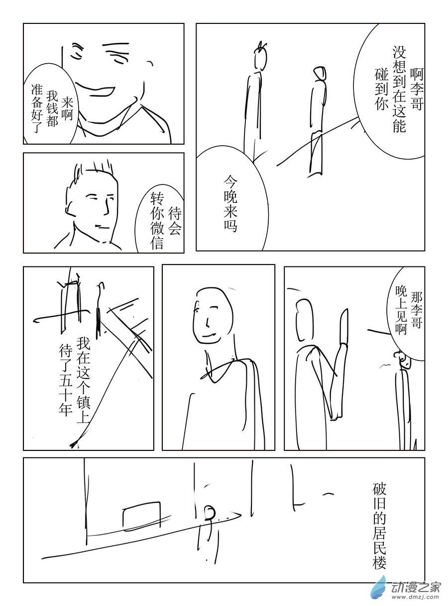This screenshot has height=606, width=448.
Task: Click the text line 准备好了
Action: coord(37,108)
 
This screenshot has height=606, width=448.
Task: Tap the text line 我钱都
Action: coord(52,109)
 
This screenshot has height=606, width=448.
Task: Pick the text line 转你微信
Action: coord(157,221)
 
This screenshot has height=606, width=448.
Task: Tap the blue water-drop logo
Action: coord(378,586)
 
